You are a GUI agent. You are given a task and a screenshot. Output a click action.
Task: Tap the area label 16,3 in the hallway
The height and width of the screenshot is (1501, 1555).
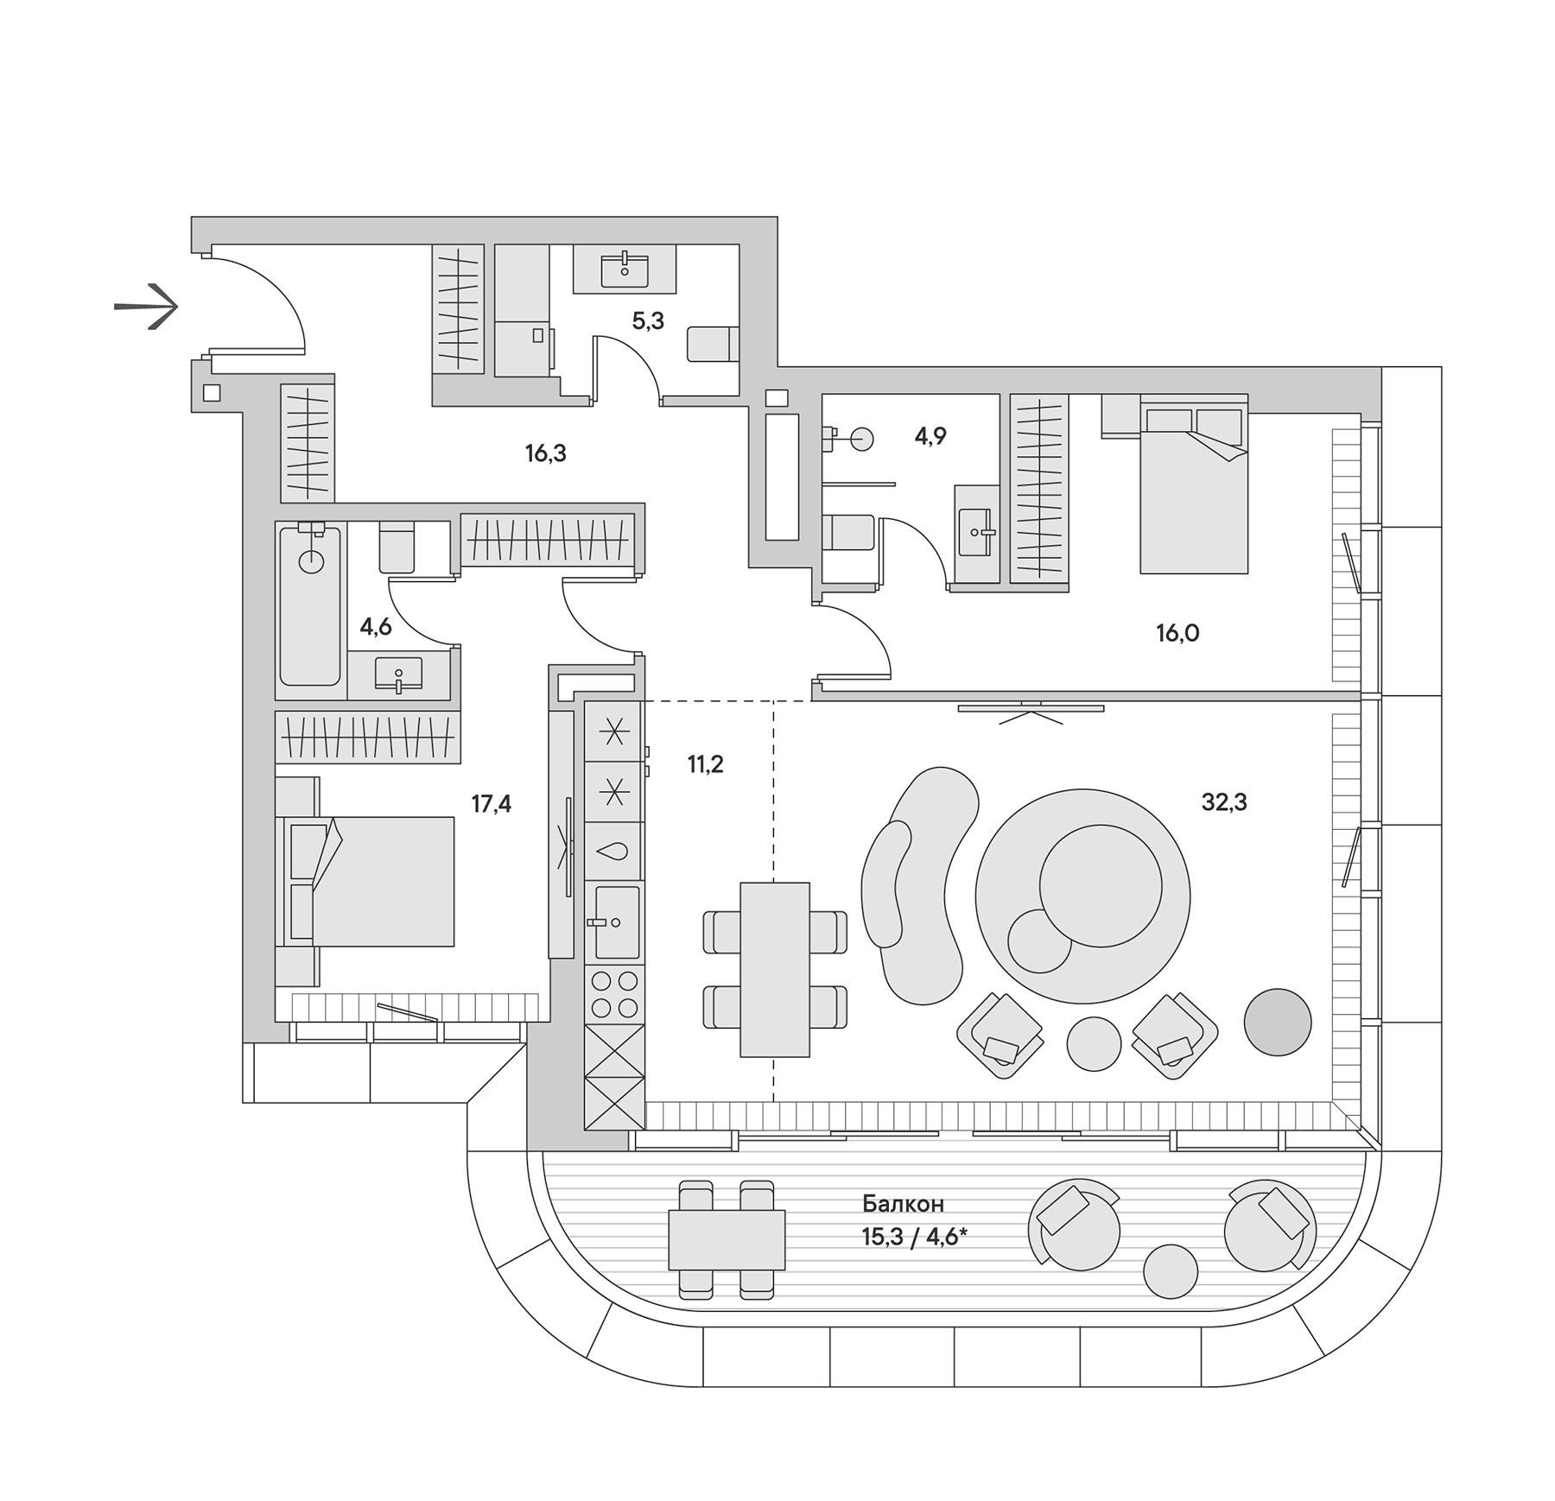546,453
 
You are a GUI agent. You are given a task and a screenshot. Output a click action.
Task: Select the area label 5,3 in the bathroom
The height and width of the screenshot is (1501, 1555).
648,321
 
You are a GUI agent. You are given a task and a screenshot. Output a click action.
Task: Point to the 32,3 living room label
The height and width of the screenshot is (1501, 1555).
1224,802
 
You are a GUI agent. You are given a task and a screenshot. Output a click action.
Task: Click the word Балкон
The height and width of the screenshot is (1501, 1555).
903,1204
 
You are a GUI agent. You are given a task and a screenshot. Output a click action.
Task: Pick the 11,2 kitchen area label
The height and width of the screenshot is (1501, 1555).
705,764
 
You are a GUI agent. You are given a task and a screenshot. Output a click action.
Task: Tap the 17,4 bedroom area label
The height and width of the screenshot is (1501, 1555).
491,805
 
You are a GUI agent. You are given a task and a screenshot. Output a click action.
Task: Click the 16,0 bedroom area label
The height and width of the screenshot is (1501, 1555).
1177,634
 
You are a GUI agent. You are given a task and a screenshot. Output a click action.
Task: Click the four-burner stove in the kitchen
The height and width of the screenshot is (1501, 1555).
614,994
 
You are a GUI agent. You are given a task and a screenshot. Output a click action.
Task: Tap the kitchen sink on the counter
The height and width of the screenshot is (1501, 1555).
616,921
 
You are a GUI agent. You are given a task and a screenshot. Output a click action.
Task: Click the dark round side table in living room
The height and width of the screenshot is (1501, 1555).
1277,1022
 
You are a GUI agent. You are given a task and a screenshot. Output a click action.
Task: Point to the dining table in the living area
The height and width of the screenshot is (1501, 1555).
775,969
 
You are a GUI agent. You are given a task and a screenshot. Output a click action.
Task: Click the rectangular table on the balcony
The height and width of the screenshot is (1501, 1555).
727,1239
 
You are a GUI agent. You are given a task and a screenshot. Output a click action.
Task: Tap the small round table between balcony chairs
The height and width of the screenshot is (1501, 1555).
1170,1271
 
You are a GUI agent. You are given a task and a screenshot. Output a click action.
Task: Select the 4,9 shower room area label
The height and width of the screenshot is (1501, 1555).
930,437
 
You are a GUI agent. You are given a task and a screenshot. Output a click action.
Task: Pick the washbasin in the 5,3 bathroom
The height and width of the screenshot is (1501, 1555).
625,269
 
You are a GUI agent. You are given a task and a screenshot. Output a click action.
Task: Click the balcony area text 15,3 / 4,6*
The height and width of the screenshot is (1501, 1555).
913,1238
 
